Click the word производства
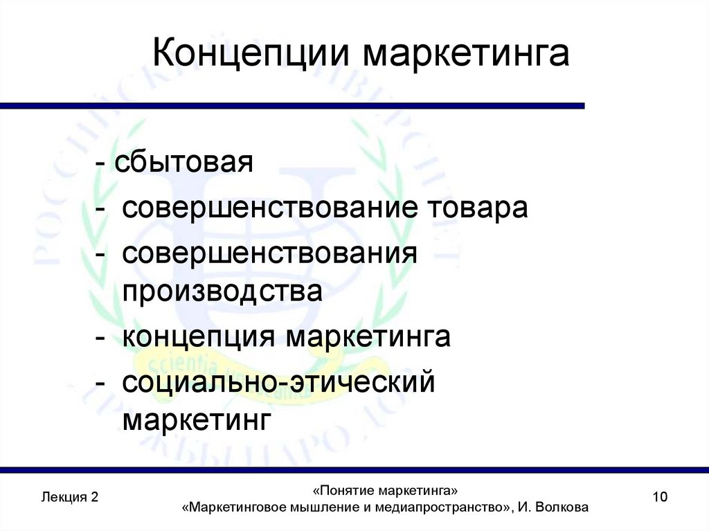(222, 291)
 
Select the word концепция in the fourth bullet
(200, 338)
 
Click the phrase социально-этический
(278, 381)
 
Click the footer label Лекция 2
(69, 497)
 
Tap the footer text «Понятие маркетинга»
(385, 490)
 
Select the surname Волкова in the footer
(561, 507)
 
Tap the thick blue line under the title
(291, 106)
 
